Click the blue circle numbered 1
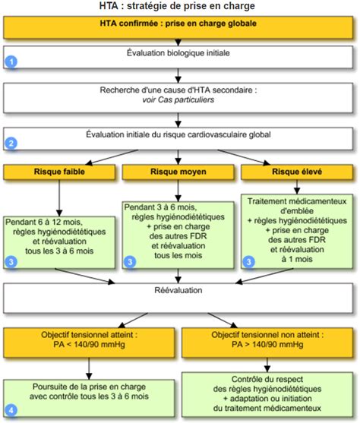(x=11, y=62)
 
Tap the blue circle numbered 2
(x=11, y=143)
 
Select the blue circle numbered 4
(x=11, y=410)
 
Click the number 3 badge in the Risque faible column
(x=11, y=262)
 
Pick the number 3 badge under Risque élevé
(x=249, y=262)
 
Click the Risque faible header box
(x=59, y=172)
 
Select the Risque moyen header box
(x=178, y=172)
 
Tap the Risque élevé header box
(x=297, y=172)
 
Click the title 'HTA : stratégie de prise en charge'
(x=177, y=6)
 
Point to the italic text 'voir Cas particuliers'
(x=178, y=99)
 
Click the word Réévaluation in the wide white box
(x=178, y=290)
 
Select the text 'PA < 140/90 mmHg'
(x=89, y=345)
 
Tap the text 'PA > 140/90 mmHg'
(x=267, y=345)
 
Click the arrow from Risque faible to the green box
(x=59, y=197)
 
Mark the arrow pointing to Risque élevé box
(x=244, y=157)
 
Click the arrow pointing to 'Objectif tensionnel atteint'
(x=133, y=320)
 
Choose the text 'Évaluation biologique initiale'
(x=178, y=53)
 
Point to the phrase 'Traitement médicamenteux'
(x=297, y=201)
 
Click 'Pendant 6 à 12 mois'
(x=44, y=222)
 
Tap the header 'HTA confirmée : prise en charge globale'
(x=178, y=24)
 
